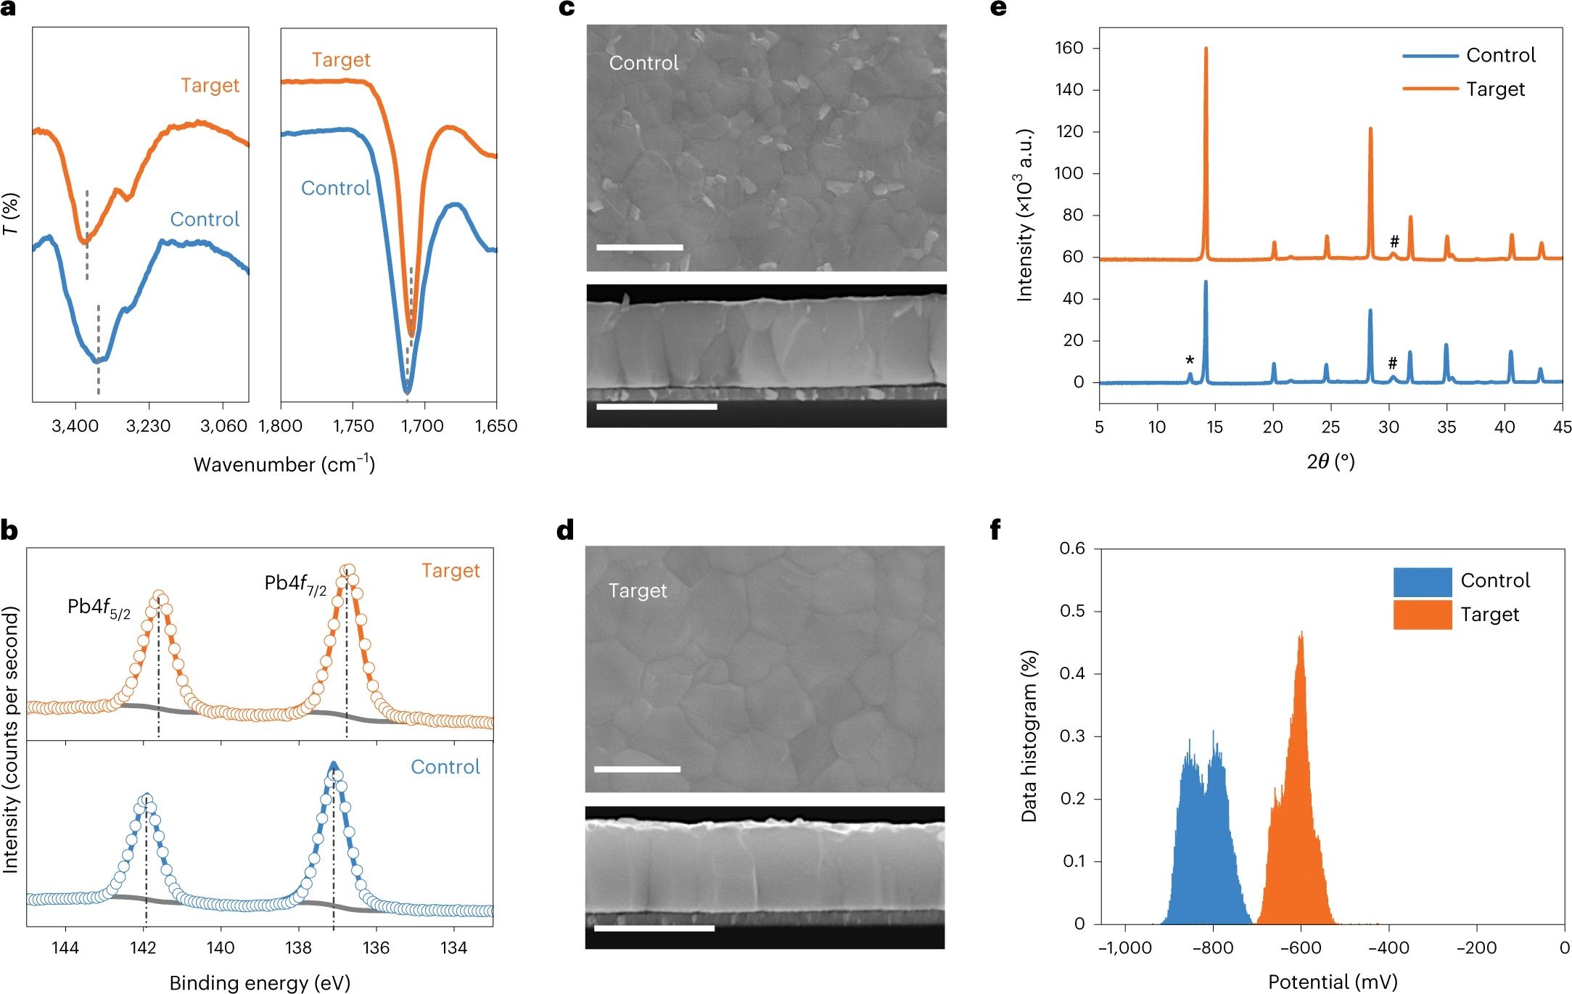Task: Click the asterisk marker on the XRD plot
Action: point(1190,361)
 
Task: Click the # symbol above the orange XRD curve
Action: point(1394,242)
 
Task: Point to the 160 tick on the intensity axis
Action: point(1069,48)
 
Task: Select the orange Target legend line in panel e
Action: point(1430,89)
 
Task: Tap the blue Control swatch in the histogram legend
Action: point(1422,581)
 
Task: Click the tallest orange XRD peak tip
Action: point(1206,49)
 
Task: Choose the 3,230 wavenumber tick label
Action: point(148,426)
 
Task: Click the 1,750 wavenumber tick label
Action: point(353,426)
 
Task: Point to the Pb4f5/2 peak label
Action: point(99,608)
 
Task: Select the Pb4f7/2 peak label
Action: point(295,584)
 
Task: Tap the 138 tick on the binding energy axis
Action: point(298,948)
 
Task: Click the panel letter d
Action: point(565,530)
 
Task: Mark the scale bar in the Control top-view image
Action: point(639,247)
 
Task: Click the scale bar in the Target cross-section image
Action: point(654,928)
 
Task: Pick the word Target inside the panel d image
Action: point(637,591)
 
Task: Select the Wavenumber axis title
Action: point(284,464)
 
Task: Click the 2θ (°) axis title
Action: point(1330,461)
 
